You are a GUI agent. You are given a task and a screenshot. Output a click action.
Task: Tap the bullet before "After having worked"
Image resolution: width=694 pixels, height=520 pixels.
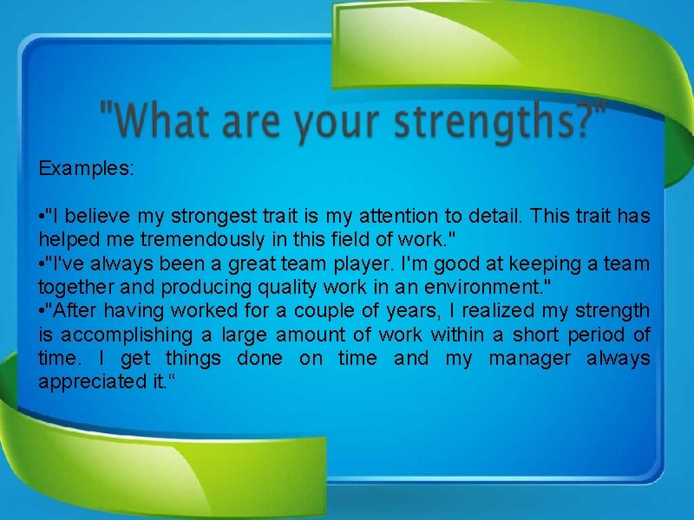[42, 310]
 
